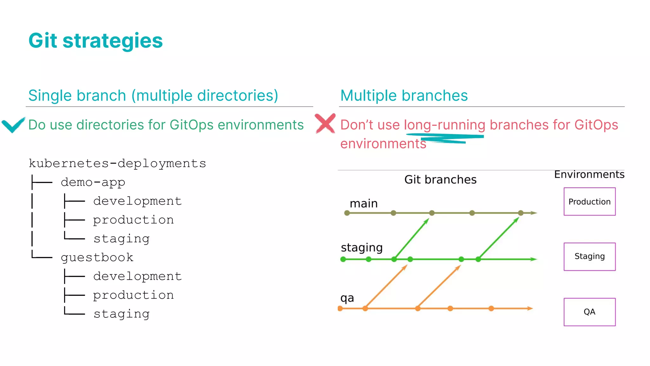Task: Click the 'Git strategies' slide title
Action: click(x=96, y=41)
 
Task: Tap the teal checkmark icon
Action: click(x=13, y=125)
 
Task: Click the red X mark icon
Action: click(x=325, y=123)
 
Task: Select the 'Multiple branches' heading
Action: click(x=404, y=96)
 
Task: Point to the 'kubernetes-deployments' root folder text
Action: click(x=117, y=164)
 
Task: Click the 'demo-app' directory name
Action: click(x=93, y=182)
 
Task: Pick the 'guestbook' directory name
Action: click(x=97, y=257)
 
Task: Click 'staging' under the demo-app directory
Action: click(x=121, y=239)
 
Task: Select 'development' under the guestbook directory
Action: click(x=137, y=276)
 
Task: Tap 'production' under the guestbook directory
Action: click(x=133, y=295)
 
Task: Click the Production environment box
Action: click(x=589, y=201)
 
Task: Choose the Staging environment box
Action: click(x=589, y=256)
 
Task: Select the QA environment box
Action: click(x=589, y=312)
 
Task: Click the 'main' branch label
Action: click(x=363, y=204)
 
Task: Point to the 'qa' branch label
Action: click(x=347, y=298)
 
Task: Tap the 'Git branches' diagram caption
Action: click(x=440, y=180)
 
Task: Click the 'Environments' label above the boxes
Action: click(x=589, y=174)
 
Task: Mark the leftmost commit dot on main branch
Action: click(x=347, y=213)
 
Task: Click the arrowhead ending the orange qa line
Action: click(x=530, y=308)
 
